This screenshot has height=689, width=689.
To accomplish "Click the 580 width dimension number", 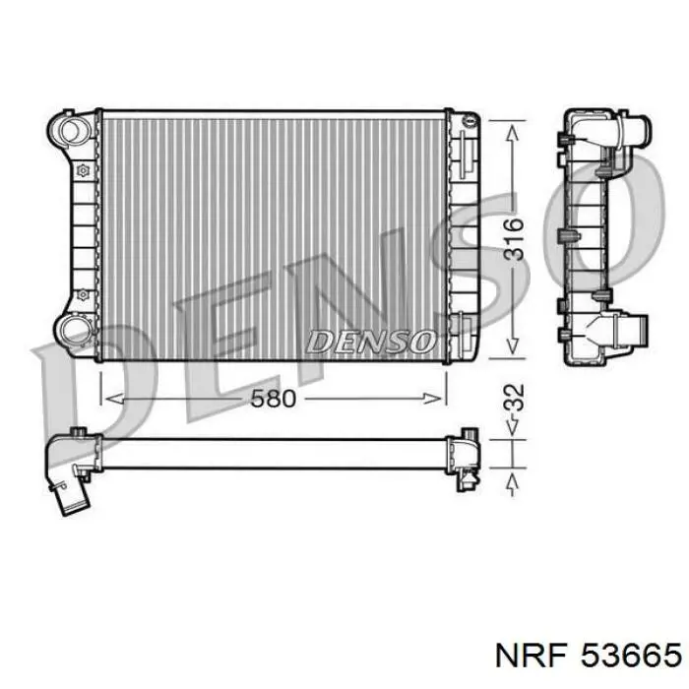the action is [273, 399].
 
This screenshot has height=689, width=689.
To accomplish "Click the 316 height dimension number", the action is [513, 238].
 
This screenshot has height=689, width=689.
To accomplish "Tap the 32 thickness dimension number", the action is [513, 398].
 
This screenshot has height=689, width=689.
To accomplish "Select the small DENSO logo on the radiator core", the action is [370, 342].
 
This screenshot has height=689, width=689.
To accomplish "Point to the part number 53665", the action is [631, 657].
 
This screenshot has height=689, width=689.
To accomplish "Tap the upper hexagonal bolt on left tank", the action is [82, 170].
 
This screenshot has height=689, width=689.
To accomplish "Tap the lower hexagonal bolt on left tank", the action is [82, 294].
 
